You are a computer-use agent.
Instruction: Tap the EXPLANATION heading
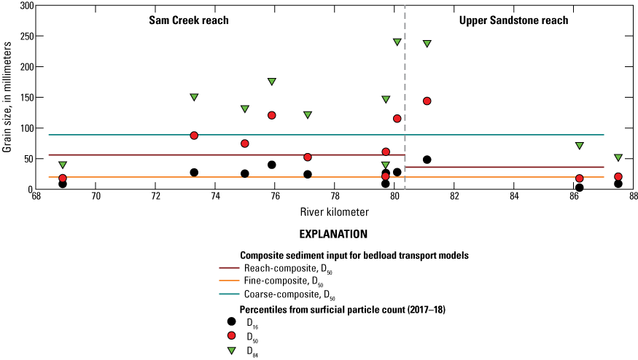click(333, 235)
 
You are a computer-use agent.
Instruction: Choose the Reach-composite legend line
click(231, 268)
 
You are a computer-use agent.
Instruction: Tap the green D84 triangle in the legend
click(231, 351)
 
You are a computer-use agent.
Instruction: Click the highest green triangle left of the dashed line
click(397, 42)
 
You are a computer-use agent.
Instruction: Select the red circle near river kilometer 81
click(427, 101)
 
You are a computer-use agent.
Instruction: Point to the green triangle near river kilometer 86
click(580, 146)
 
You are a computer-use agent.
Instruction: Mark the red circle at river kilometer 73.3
click(194, 136)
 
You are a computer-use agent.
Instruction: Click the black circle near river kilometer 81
click(427, 160)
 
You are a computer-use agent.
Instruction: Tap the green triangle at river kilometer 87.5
click(618, 157)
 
